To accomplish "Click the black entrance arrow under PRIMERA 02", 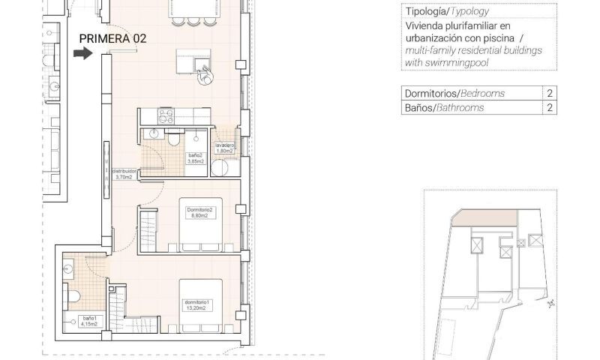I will [x=82, y=53].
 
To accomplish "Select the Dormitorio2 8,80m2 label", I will [x=200, y=213].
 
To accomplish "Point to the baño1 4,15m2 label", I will [x=91, y=319].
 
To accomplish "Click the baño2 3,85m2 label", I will [x=196, y=158].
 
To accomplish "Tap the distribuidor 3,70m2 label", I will [x=124, y=173].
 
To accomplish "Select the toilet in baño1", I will [x=73, y=296].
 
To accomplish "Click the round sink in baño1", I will [x=69, y=265].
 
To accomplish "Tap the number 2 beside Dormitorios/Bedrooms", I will [x=550, y=94].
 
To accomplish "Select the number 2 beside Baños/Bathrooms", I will [x=550, y=108].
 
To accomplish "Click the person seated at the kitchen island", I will [x=204, y=76].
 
